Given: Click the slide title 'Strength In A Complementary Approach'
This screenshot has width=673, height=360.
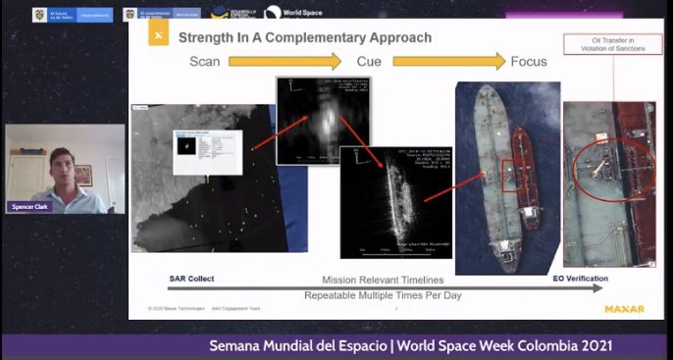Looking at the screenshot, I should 304,37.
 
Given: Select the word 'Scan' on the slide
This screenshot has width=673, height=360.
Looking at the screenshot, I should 206,61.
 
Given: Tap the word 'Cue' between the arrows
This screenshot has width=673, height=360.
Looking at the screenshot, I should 369,61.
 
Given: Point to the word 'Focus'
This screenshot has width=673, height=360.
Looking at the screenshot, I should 529,61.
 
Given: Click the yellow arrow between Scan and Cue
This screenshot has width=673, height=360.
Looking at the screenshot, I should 285,61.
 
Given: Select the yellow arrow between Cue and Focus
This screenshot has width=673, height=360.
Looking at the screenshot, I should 447,61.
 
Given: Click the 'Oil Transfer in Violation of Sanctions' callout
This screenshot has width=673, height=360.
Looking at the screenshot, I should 604,44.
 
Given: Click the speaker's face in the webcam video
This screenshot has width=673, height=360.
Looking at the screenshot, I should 61,161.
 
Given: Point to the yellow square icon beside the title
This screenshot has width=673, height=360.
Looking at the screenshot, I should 157,36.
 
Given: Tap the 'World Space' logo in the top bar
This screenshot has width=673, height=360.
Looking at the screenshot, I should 287,14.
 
